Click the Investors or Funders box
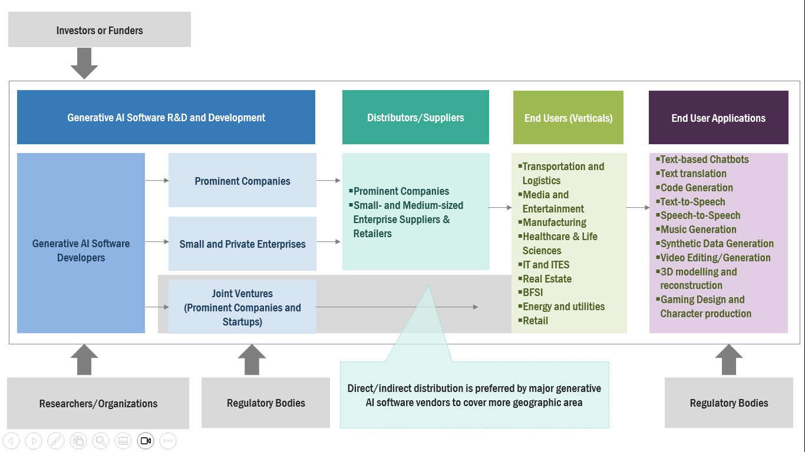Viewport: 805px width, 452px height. pyautogui.click(x=99, y=30)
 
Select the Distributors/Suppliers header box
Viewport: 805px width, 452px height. pyautogui.click(x=415, y=117)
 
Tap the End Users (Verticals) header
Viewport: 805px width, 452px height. pyautogui.click(x=568, y=118)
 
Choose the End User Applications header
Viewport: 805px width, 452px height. pyautogui.click(x=718, y=118)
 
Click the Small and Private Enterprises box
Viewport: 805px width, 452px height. pyautogui.click(x=242, y=244)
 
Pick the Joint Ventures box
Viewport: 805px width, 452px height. pyautogui.click(x=242, y=307)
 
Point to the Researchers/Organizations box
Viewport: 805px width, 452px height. pyautogui.click(x=98, y=403)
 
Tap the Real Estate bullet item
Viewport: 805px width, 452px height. pyautogui.click(x=546, y=278)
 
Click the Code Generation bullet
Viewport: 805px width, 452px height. pyautogui.click(x=696, y=188)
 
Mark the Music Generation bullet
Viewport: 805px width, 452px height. pyautogui.click(x=698, y=230)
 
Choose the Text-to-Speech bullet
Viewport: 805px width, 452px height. pyautogui.click(x=692, y=202)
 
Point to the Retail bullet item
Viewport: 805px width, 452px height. pyautogui.click(x=535, y=321)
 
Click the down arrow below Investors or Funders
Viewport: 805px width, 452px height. pyautogui.click(x=84, y=63)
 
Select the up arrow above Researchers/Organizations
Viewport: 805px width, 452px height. pyautogui.click(x=84, y=360)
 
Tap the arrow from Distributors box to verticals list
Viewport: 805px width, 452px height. pyautogui.click(x=500, y=207)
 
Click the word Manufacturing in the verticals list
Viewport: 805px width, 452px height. pyautogui.click(x=554, y=222)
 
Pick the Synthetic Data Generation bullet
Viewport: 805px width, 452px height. pyautogui.click(x=716, y=244)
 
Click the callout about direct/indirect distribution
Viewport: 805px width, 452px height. pyautogui.click(x=474, y=395)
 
